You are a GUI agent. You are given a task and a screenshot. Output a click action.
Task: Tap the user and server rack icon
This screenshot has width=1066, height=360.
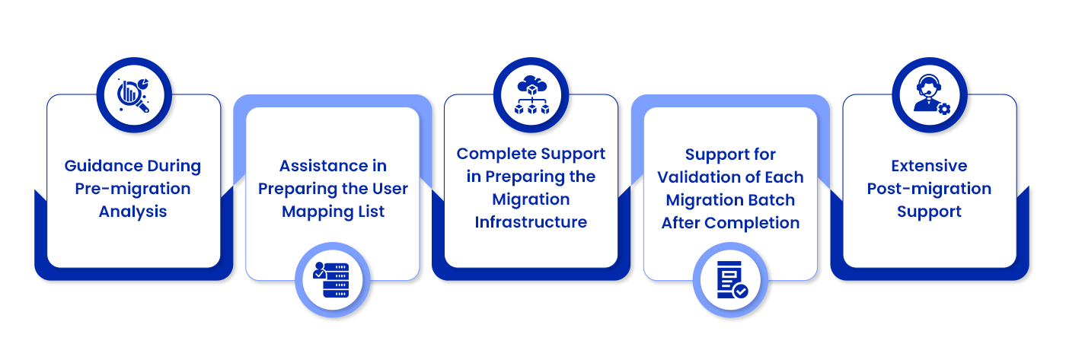(333, 280)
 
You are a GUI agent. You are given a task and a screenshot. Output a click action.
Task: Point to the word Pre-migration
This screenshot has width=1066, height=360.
(132, 189)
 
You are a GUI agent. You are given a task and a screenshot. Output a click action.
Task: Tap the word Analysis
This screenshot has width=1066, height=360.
(132, 212)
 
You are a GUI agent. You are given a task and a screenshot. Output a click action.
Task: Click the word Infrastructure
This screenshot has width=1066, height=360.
(531, 222)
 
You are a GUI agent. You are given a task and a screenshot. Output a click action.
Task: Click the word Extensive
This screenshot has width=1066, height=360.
(929, 166)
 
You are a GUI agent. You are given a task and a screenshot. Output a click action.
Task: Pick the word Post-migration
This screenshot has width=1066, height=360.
(929, 189)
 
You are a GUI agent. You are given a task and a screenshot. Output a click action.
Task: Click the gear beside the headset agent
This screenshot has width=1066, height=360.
(944, 109)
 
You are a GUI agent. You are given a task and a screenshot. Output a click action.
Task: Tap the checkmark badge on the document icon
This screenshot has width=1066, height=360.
(740, 291)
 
